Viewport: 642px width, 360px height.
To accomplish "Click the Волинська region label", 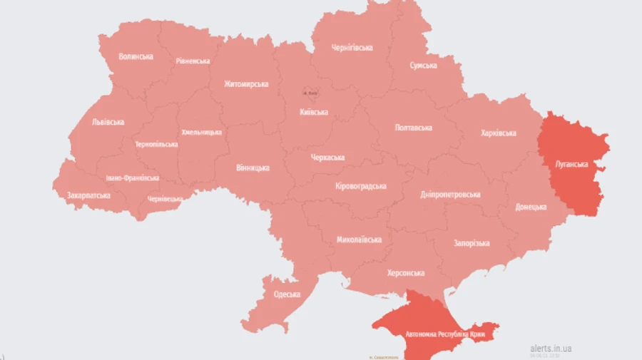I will (x=136, y=56).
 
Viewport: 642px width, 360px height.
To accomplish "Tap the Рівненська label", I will (x=193, y=61).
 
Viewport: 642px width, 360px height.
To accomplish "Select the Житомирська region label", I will (x=246, y=83).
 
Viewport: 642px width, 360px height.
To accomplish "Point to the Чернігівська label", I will (x=352, y=48).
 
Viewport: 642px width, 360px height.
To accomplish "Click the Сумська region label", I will (x=423, y=65).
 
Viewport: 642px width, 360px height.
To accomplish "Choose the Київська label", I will (x=314, y=112).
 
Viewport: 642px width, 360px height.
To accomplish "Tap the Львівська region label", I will (x=108, y=122).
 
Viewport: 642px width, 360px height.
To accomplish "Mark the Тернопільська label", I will (x=156, y=144).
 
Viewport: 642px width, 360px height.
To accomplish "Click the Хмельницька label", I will (x=201, y=132).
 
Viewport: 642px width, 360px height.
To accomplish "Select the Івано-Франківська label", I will (x=132, y=178).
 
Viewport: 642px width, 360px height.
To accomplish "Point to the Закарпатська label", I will (x=88, y=195).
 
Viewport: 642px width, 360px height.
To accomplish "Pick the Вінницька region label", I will (x=253, y=168).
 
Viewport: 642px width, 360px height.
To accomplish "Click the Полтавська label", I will (x=414, y=128).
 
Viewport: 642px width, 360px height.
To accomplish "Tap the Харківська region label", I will (x=498, y=133).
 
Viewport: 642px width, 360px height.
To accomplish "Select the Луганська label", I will (x=572, y=164).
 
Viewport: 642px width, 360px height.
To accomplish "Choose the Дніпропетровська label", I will (x=450, y=194).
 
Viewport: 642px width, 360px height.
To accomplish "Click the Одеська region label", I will (x=287, y=294).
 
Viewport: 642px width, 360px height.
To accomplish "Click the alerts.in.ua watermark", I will (x=551, y=348).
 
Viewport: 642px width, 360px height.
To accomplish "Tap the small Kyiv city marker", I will (x=310, y=93).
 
